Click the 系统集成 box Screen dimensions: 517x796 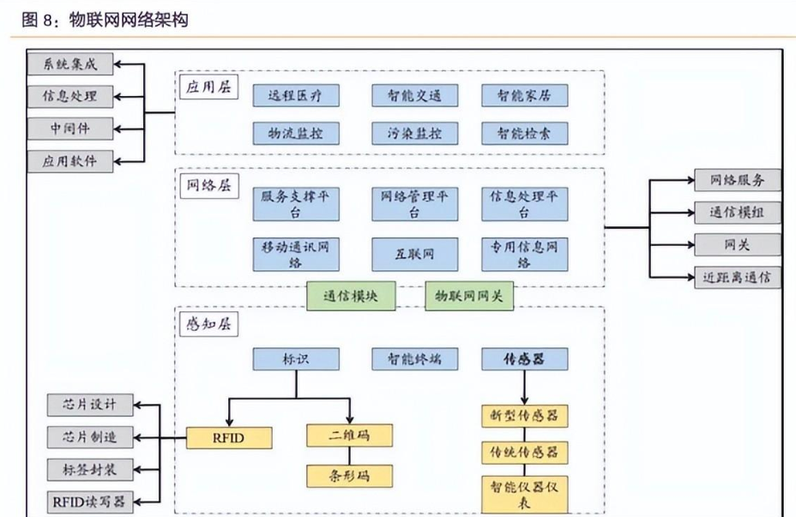coord(70,65)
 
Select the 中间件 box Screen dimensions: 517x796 coord(70,129)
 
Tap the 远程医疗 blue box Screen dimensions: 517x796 coord(296,96)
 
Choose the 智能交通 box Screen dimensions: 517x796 coord(414,96)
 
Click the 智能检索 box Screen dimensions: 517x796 coord(524,134)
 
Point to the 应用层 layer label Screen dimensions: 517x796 coord(208,88)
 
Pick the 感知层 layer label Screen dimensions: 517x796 coord(208,323)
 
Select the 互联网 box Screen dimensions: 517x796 coord(414,255)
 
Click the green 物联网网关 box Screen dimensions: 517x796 coord(468,297)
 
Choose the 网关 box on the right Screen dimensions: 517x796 coord(737,244)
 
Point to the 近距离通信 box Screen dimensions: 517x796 coord(737,276)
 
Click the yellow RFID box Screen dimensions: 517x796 coord(229,438)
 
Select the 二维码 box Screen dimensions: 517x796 coord(350,435)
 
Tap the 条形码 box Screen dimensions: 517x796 coord(350,475)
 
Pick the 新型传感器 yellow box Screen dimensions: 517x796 coord(524,417)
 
